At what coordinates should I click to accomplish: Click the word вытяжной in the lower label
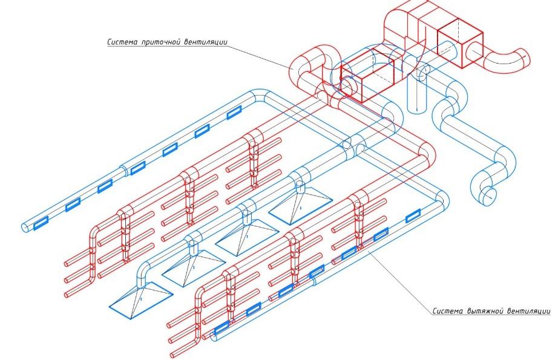[x=482, y=312]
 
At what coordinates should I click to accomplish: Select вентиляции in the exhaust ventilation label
[x=527, y=312]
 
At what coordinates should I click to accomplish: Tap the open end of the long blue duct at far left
[x=25, y=226]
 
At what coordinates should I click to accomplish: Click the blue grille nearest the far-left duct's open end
[x=42, y=223]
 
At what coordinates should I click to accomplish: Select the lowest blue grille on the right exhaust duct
[x=222, y=326]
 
